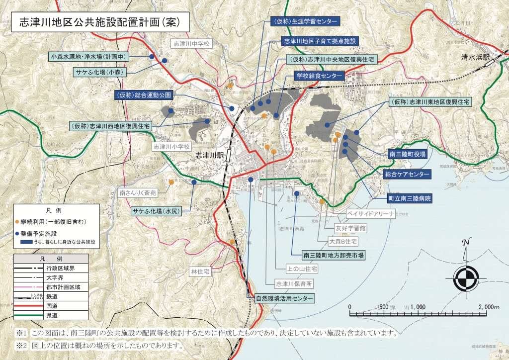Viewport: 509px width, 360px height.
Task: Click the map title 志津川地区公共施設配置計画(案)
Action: [98, 22]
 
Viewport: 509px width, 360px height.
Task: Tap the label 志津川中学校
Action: [191, 44]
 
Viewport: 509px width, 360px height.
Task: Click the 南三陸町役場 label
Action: [408, 155]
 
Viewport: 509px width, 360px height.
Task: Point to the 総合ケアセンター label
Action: [407, 175]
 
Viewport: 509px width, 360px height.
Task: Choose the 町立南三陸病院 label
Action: [410, 198]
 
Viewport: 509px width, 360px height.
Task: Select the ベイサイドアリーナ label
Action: [371, 214]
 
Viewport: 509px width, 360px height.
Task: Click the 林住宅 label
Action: [200, 272]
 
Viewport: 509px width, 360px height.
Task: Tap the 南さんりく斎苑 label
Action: [138, 192]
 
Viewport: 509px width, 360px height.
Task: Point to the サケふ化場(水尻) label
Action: [157, 211]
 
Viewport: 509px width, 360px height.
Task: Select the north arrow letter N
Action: [466, 243]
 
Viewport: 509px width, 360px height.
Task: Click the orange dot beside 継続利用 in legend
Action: [17, 221]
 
